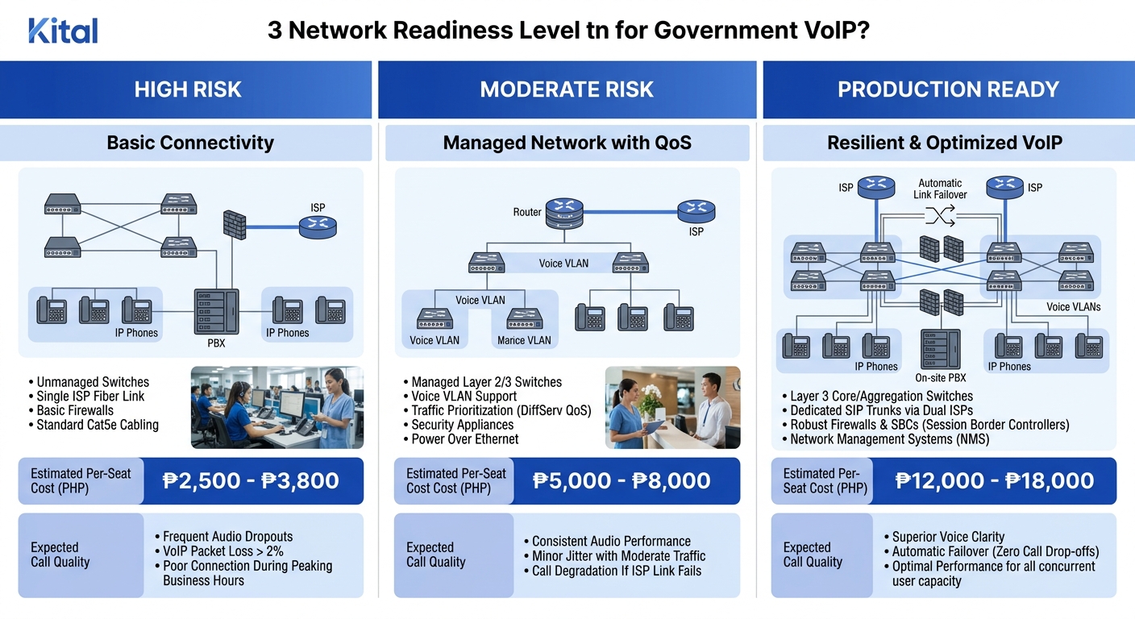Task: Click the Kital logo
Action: pos(63,31)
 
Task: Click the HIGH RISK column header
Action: pos(187,89)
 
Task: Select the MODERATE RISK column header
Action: pos(567,89)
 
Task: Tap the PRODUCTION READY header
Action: pos(948,89)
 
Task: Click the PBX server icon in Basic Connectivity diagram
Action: pos(216,311)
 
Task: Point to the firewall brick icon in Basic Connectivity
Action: pos(234,224)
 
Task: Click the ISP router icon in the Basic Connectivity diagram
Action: pos(318,227)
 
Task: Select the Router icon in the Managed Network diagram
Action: pos(563,213)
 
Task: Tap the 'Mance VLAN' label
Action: pos(524,340)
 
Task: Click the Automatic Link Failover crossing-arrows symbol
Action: pos(940,215)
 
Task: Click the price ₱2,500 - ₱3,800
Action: pos(251,481)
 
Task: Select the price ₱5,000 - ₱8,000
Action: pos(622,481)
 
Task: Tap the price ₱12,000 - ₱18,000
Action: pos(995,481)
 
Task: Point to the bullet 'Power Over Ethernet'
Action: pos(465,439)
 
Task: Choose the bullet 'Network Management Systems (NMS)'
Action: pos(889,439)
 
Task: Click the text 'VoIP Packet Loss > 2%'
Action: pos(222,551)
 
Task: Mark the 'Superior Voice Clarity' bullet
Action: pos(948,537)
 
